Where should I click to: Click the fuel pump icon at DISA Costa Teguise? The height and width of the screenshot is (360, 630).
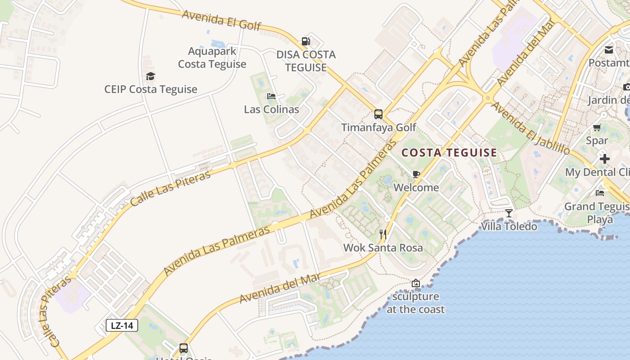point(306,41)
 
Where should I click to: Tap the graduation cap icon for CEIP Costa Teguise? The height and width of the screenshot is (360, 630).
point(150,76)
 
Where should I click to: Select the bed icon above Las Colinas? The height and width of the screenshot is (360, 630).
point(271,96)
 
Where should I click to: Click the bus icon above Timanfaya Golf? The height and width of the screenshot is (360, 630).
point(378,114)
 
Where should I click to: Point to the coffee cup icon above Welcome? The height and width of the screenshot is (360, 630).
point(416,174)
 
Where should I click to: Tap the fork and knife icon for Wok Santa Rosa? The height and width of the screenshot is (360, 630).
point(383,234)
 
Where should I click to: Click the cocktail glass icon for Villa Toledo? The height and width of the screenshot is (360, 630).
point(509,213)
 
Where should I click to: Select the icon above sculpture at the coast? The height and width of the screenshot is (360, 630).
point(416,283)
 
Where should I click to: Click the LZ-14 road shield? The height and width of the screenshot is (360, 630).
point(121,325)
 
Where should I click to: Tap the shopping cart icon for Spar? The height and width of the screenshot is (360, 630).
point(597,127)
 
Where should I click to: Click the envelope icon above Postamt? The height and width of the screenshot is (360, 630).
point(609,49)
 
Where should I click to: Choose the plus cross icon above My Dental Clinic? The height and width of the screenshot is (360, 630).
point(605,159)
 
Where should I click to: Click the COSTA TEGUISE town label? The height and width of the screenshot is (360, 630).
point(449,153)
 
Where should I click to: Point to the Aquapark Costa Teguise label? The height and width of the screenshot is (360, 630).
point(212,58)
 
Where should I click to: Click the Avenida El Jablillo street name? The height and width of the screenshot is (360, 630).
point(530,128)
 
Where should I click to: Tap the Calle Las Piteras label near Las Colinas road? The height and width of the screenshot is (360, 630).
point(170,189)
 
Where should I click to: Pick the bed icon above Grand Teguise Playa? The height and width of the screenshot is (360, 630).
point(600,193)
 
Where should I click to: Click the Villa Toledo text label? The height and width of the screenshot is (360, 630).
point(509,226)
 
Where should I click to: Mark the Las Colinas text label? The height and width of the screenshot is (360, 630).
point(271,109)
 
